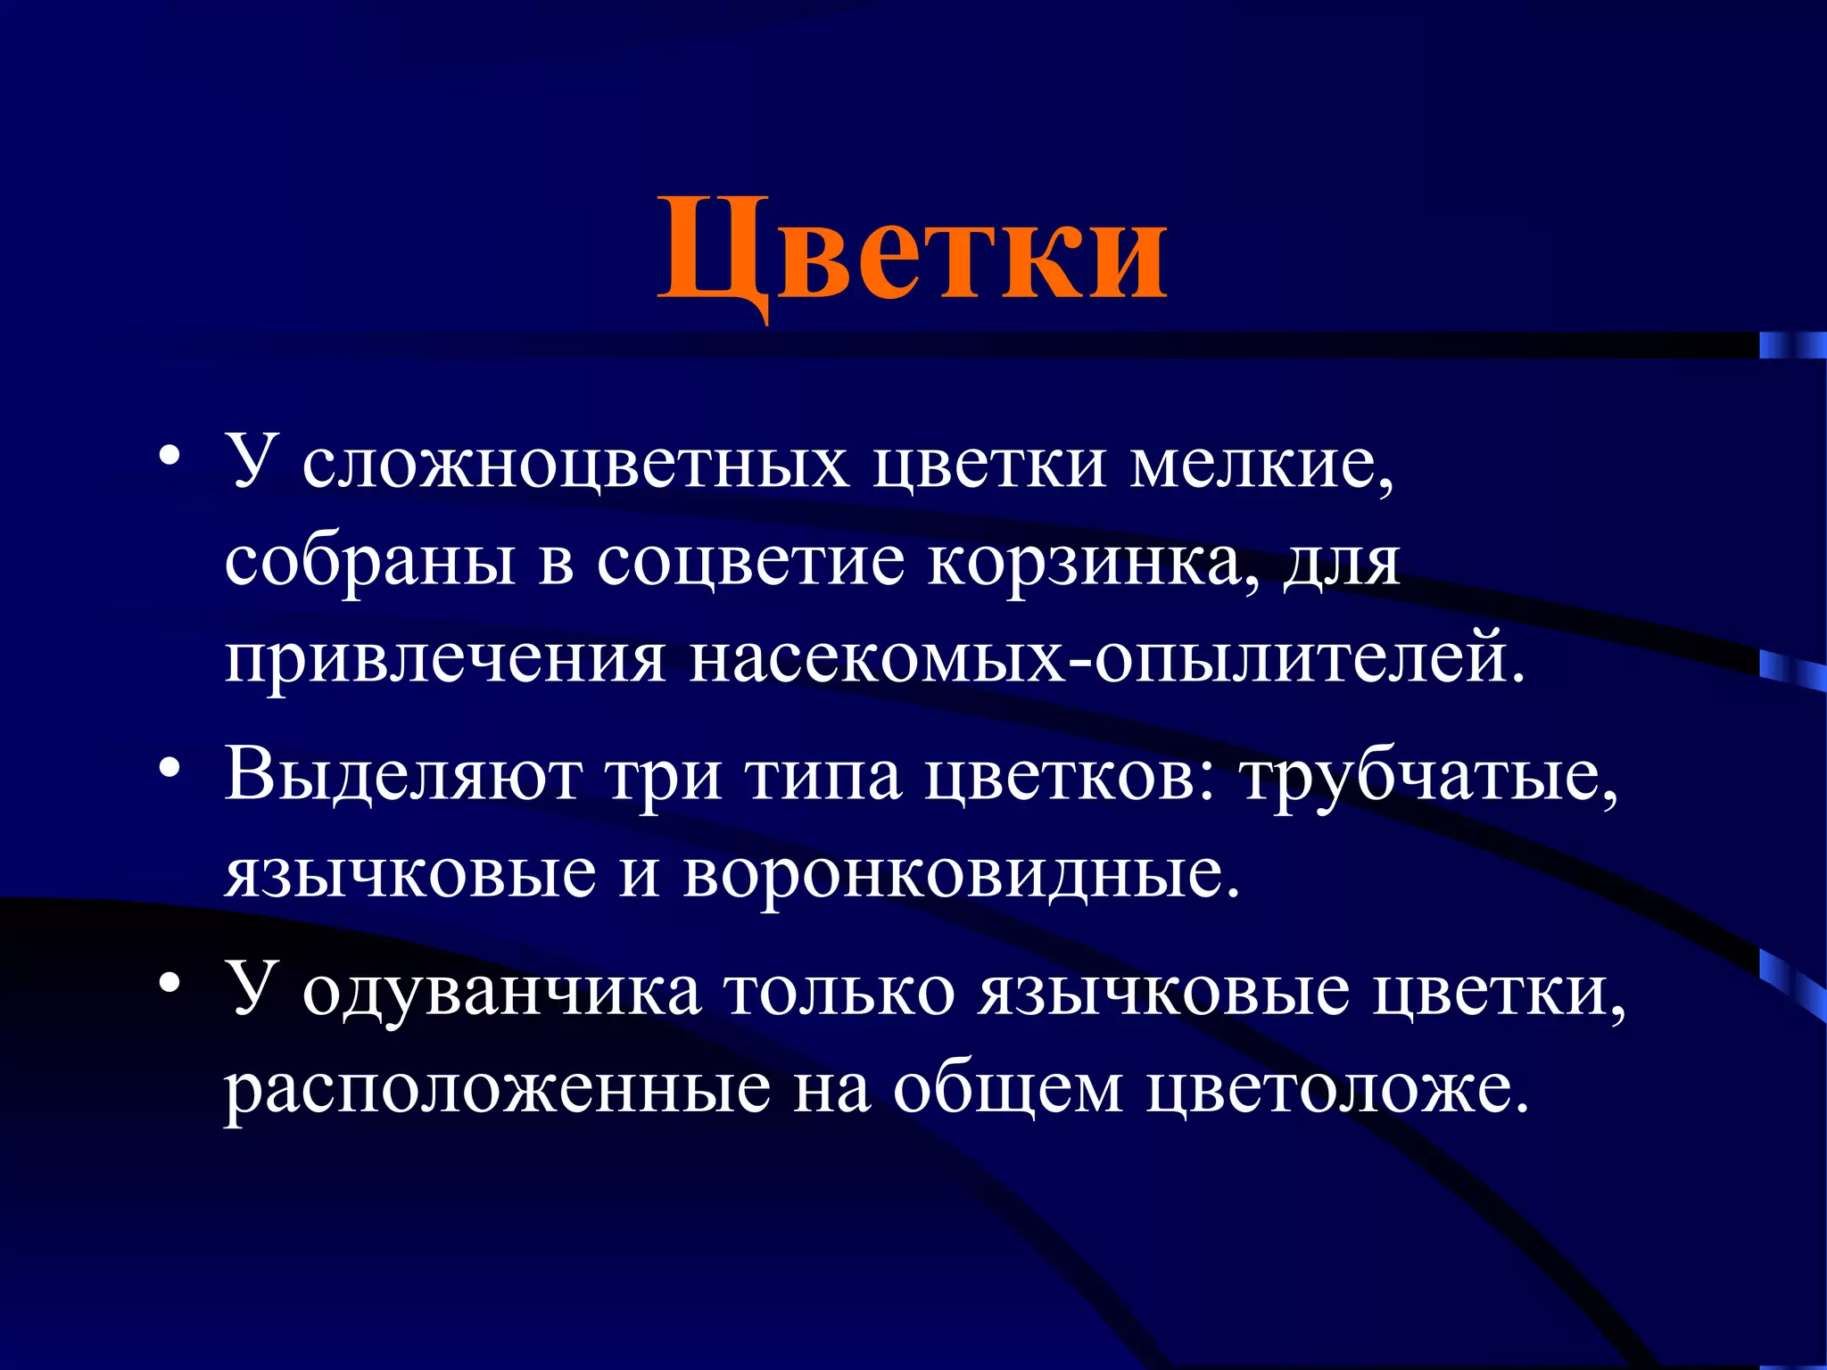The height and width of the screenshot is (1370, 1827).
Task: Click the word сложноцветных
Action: tap(575, 465)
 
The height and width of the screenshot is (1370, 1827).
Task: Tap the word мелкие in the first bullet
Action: tap(1261, 465)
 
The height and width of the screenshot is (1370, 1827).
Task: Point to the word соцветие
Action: tap(750, 564)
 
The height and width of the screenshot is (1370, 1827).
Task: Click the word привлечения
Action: tap(444, 661)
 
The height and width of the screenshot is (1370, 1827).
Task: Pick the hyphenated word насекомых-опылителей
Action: tap(1106, 661)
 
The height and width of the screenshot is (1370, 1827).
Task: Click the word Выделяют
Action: tap(402, 774)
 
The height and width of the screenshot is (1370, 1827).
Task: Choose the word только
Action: tap(839, 992)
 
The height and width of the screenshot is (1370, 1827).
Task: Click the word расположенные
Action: tap(496, 1090)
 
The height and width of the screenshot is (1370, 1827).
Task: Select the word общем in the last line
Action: tap(1008, 1090)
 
